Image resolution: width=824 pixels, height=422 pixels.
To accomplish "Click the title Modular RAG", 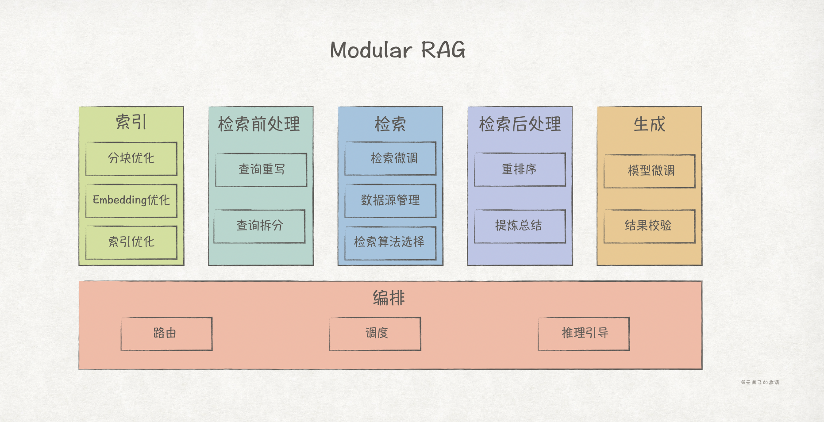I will pyautogui.click(x=397, y=50).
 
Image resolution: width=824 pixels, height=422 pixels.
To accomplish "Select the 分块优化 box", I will pyautogui.click(x=131, y=158).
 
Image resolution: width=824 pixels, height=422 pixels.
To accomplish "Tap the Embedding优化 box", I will pyautogui.click(x=131, y=200).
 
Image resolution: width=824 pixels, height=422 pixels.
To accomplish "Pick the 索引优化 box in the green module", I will pyautogui.click(x=131, y=242).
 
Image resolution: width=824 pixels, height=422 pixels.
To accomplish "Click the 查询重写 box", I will pyautogui.click(x=261, y=169).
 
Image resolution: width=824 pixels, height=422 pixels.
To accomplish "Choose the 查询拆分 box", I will pyautogui.click(x=259, y=226).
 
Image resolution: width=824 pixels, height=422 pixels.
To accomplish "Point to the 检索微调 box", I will pyautogui.click(x=390, y=158).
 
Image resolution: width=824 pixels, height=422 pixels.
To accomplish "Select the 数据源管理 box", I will pyautogui.click(x=390, y=200).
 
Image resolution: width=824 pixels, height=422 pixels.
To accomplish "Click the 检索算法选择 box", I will pyautogui.click(x=390, y=242).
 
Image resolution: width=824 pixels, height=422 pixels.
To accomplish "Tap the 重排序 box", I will pyautogui.click(x=520, y=169).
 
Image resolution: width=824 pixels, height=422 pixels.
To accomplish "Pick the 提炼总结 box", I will pyautogui.click(x=520, y=226).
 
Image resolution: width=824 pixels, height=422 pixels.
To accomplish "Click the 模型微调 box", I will pyautogui.click(x=650, y=171).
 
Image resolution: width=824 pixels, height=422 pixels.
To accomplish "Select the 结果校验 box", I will pyautogui.click(x=650, y=226).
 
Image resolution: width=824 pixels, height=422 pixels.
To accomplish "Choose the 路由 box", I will pyautogui.click(x=166, y=334).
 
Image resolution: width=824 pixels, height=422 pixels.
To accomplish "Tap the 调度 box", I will pyautogui.click(x=375, y=334).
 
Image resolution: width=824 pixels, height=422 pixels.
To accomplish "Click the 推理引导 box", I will pyautogui.click(x=584, y=334).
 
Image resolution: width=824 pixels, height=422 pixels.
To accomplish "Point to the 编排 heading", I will pyautogui.click(x=389, y=298).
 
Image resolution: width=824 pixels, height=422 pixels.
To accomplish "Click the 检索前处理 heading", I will pyautogui.click(x=259, y=124).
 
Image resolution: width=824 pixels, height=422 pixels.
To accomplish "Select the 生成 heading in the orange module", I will pyautogui.click(x=649, y=124).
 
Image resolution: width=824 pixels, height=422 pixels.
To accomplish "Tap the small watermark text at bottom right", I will pyautogui.click(x=760, y=382).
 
